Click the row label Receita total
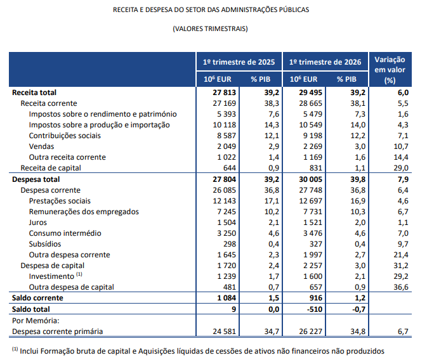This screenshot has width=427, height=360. click(34, 93)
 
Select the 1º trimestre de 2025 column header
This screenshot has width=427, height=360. click(239, 62)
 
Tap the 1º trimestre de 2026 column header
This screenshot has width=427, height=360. click(325, 62)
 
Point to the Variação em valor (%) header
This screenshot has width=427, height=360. click(390, 70)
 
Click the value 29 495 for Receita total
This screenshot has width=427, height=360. click(310, 93)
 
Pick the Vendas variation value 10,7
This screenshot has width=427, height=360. click(401, 146)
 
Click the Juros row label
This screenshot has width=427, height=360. click(38, 222)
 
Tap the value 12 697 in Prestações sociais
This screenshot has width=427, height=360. click(310, 201)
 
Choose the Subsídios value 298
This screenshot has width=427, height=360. click(230, 244)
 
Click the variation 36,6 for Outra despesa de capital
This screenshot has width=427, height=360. click(401, 287)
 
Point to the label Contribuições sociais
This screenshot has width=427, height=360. click(65, 136)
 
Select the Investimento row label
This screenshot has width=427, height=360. click(51, 276)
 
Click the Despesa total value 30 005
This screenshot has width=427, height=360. click(310, 179)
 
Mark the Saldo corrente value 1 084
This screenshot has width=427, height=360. click(227, 298)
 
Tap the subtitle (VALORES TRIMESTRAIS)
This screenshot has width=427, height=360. click(210, 29)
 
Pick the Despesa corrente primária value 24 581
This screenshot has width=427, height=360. click(225, 331)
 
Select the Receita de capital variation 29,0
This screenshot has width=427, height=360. click(401, 168)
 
